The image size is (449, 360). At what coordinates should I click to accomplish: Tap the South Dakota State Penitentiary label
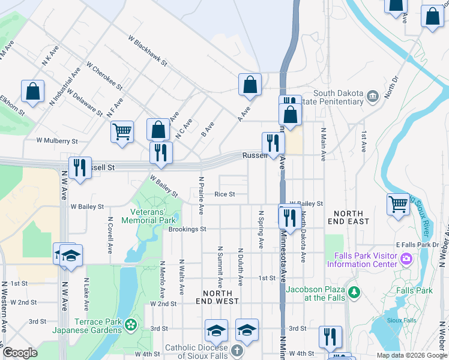[x=339, y=98]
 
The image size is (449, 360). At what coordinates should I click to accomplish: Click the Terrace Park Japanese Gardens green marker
[x=130, y=326]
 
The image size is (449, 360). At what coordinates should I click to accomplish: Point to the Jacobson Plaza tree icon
[x=355, y=293]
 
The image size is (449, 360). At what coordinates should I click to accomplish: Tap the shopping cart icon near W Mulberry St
[x=122, y=131]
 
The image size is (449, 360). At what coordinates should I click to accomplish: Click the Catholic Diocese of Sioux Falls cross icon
[x=237, y=349]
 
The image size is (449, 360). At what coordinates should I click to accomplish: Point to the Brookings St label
[x=187, y=229]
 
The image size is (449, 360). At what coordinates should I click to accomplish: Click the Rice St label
[x=224, y=194]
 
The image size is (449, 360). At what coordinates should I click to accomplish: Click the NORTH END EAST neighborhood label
[x=348, y=217]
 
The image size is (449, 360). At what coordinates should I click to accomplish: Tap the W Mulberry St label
[x=57, y=141]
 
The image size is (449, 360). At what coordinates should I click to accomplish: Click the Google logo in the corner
[x=20, y=353]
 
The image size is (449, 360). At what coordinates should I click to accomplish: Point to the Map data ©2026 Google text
[x=411, y=355]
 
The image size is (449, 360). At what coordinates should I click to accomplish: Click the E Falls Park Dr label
[x=418, y=245]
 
